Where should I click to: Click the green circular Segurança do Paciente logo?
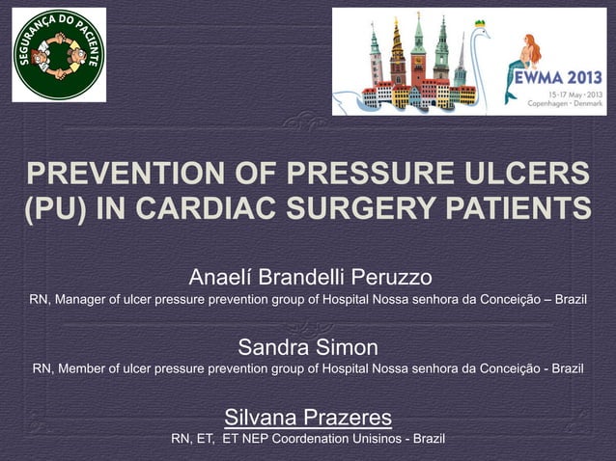point(59,55)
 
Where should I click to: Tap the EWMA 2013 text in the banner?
point(558,76)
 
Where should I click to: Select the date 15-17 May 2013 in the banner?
point(571,95)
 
